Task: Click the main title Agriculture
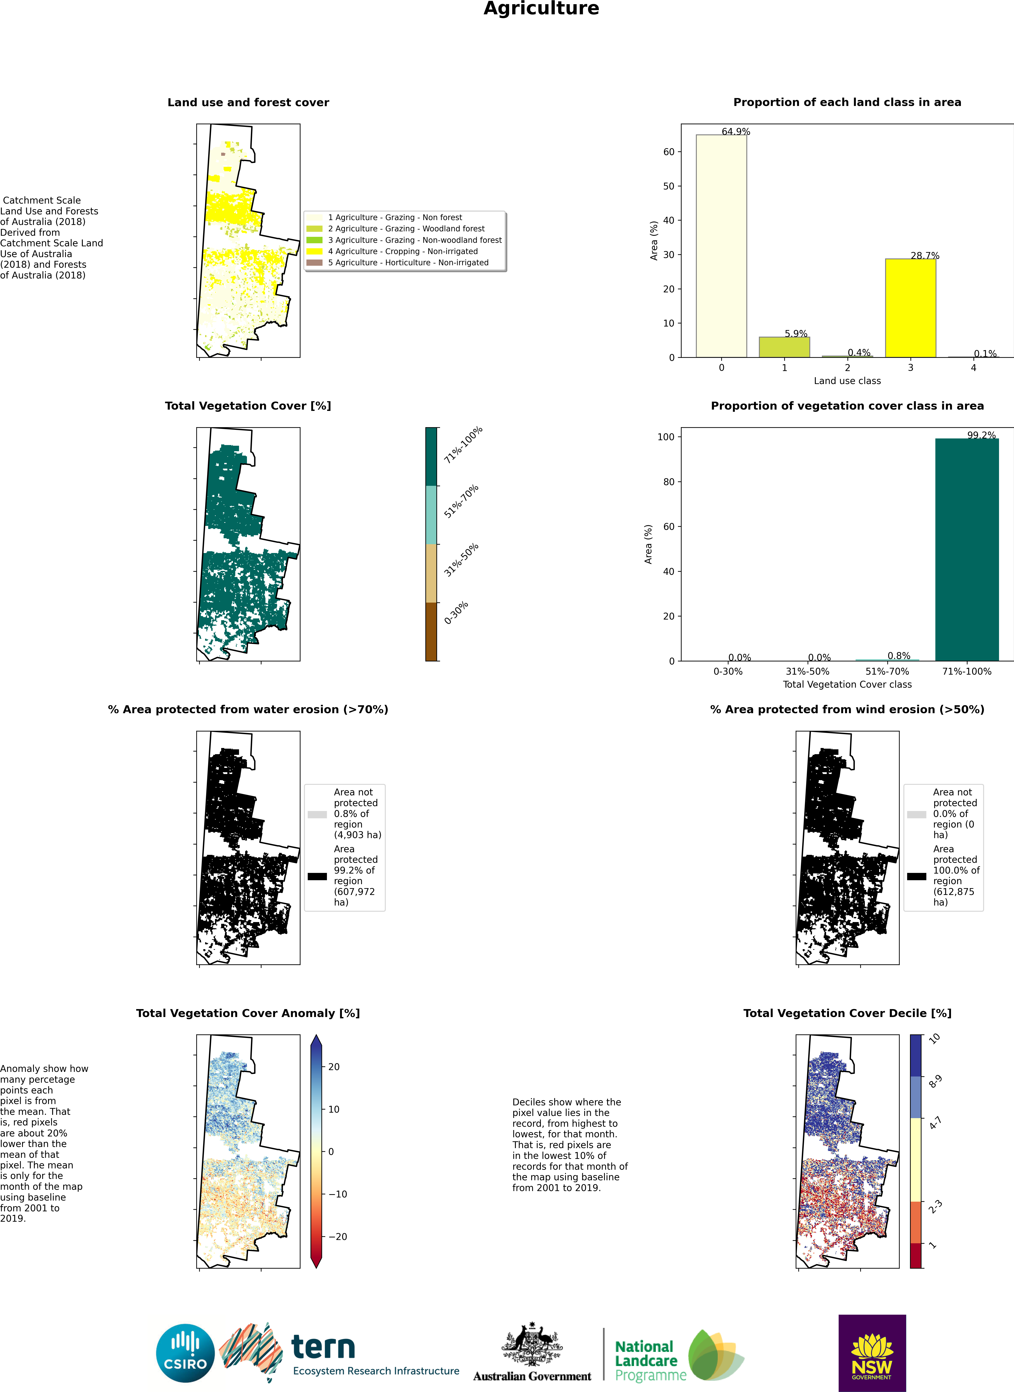pyautogui.click(x=541, y=9)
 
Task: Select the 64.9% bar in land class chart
pyautogui.click(x=721, y=245)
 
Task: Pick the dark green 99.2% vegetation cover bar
pyautogui.click(x=967, y=549)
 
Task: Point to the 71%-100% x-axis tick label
pyautogui.click(x=967, y=672)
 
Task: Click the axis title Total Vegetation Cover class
pyautogui.click(x=847, y=684)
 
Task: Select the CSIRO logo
pyautogui.click(x=185, y=1353)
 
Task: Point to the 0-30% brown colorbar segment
pyautogui.click(x=431, y=631)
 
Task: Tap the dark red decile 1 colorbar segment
pyautogui.click(x=916, y=1255)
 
